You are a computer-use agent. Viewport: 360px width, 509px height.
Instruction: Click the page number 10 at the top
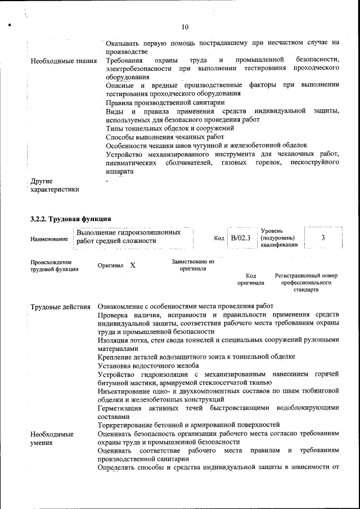pos(185,27)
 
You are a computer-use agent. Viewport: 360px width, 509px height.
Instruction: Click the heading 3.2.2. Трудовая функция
pos(70,218)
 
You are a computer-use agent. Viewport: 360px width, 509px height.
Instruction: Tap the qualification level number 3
pos(323,238)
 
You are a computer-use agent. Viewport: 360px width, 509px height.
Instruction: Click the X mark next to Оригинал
pos(133,264)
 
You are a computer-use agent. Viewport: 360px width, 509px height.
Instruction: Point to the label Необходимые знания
pos(64,60)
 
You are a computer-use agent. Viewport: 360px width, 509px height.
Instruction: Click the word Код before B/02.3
pos(219,238)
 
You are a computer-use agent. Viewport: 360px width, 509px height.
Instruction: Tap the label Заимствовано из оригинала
pos(193,265)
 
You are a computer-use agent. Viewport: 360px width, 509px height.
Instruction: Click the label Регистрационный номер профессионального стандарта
pos(306,282)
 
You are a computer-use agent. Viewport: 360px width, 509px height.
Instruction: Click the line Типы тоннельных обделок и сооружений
pos(169,128)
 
